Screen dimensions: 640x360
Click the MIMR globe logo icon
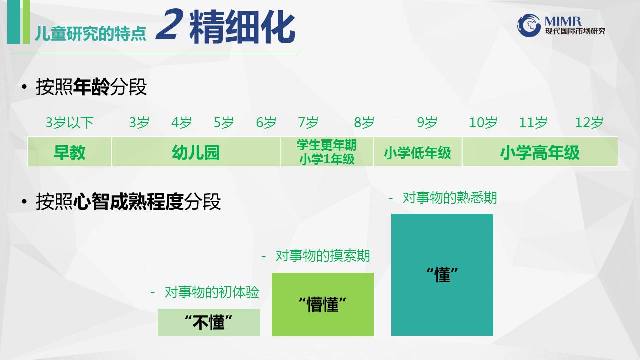point(529,25)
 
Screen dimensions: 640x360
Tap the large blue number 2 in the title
point(169,24)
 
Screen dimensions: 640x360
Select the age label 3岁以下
point(69,123)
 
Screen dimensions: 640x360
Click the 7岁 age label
point(308,123)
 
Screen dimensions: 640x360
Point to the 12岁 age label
point(589,123)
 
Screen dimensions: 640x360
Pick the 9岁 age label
point(427,123)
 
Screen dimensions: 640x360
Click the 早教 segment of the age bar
point(69,152)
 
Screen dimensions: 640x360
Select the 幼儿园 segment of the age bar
point(196,152)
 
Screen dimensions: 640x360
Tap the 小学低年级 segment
point(418,152)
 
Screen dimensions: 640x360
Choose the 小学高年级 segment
point(540,152)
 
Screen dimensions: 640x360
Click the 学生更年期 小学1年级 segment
point(327,152)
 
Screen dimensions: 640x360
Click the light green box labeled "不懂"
point(209,322)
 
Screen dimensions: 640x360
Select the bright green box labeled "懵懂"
point(323,304)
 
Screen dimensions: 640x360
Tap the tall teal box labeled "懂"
point(442,275)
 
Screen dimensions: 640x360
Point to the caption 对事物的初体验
point(212,292)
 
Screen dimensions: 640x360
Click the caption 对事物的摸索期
point(323,256)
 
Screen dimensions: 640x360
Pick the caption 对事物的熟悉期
point(450,198)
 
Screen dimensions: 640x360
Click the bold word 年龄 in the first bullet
point(91,87)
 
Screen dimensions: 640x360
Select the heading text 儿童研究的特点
point(90,34)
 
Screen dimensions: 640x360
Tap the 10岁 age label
point(483,123)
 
